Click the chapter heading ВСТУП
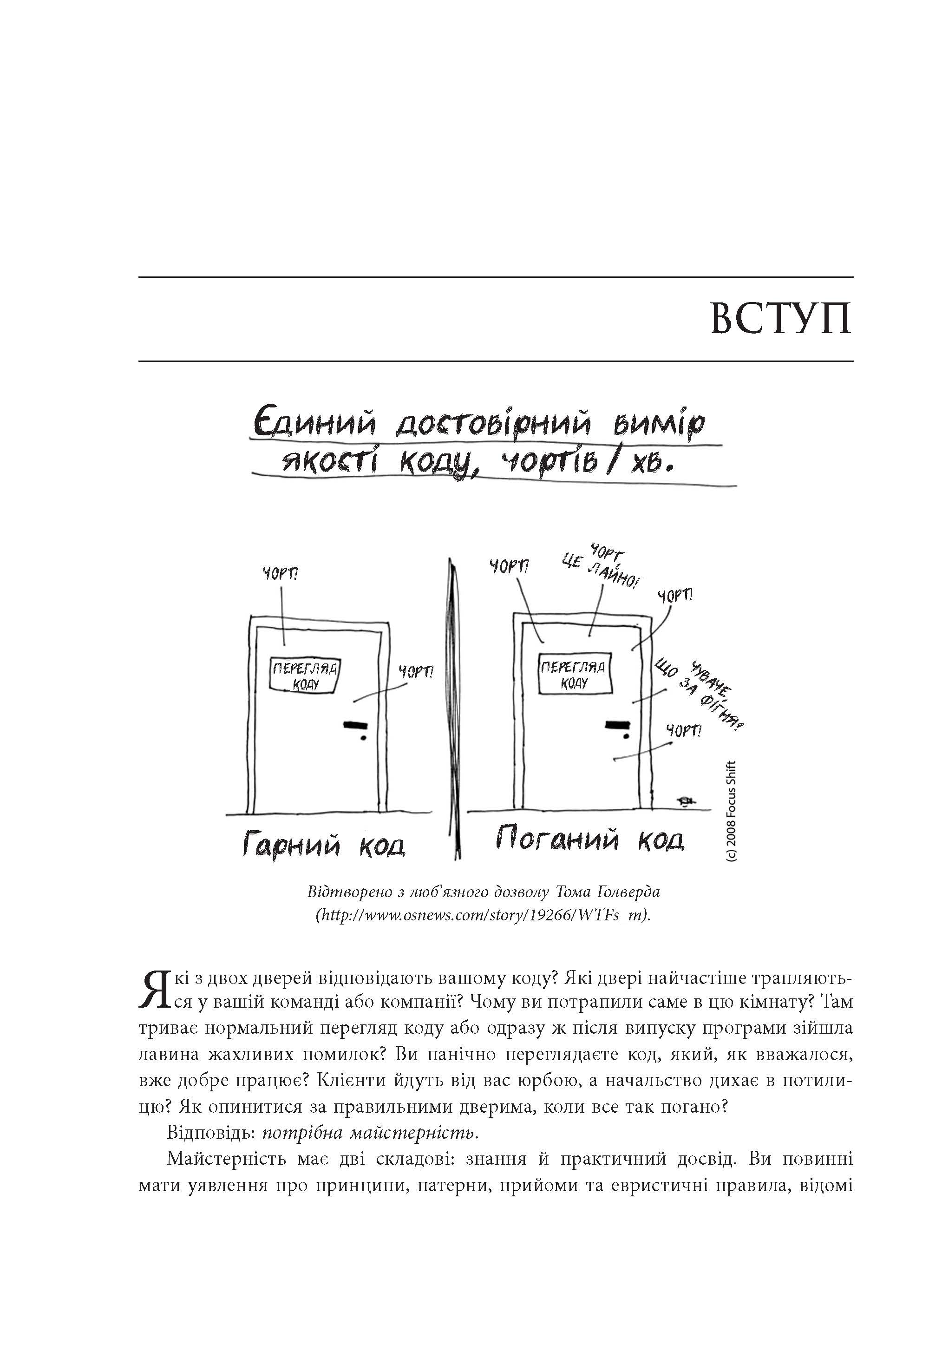(780, 319)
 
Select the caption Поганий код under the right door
(589, 839)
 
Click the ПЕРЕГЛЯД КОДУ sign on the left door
(306, 675)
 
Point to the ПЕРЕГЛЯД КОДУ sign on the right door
(573, 675)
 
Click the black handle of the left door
(355, 724)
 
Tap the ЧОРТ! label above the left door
(281, 574)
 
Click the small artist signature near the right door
(686, 801)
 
